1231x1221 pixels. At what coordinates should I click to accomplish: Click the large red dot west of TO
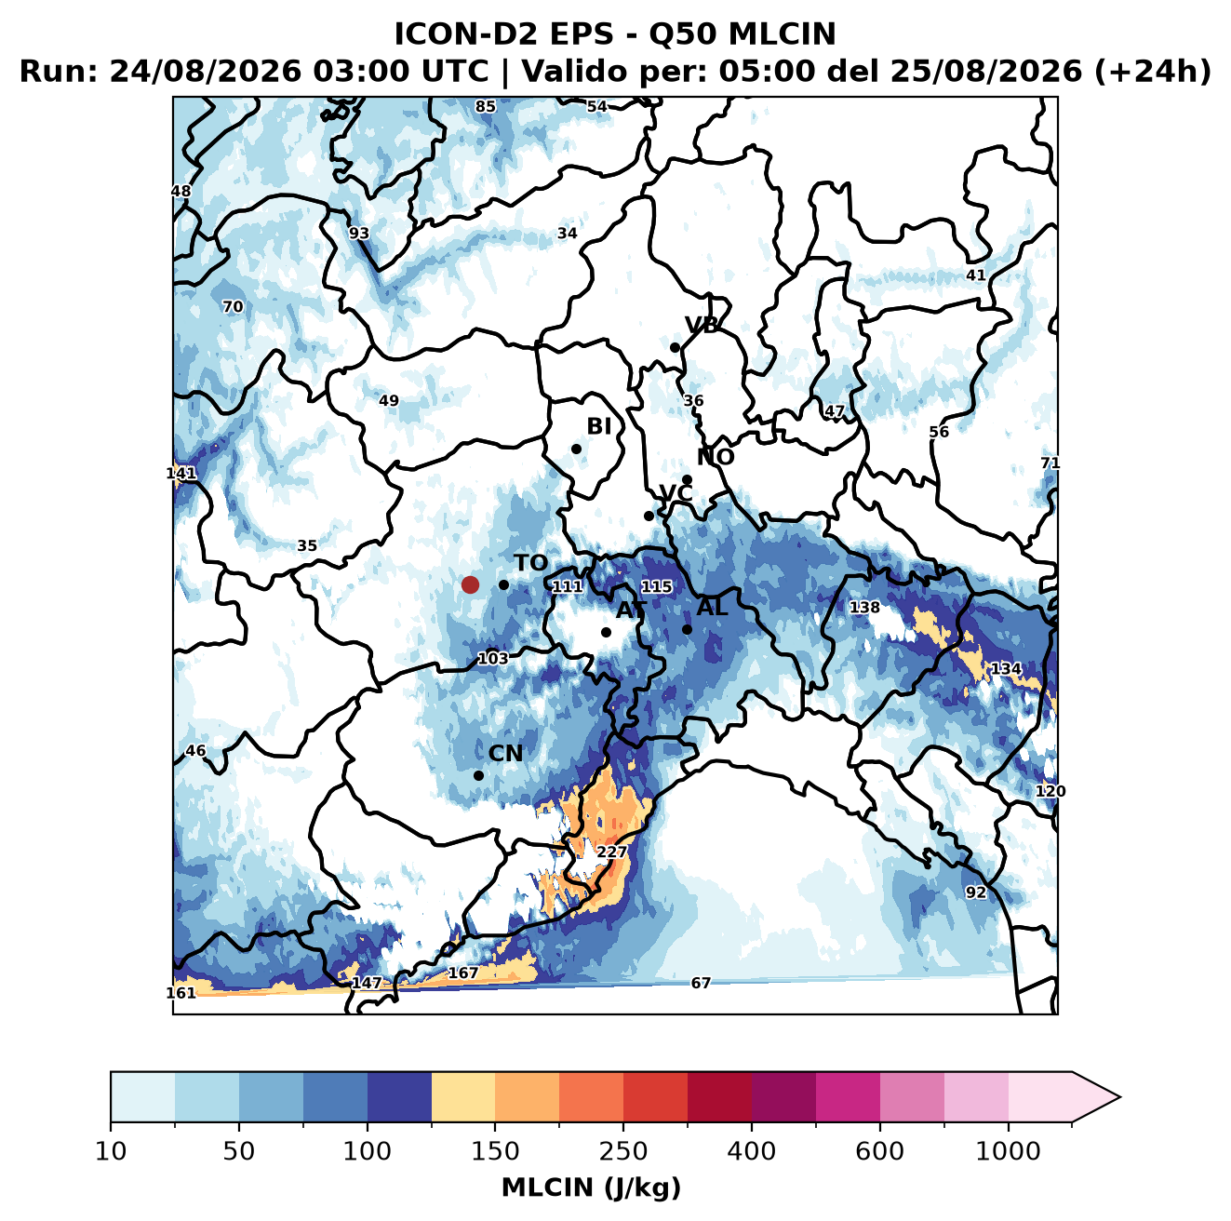coord(470,584)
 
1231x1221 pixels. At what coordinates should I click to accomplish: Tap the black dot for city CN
coord(478,775)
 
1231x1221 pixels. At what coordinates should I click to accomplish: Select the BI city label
coord(598,426)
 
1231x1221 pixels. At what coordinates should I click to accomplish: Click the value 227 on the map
coord(611,852)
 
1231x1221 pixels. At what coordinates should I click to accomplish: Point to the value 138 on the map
coord(864,607)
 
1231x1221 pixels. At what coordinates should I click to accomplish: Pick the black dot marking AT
coord(607,632)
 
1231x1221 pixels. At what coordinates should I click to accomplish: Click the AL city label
coord(712,607)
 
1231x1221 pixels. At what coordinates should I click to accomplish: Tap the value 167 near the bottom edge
coord(463,973)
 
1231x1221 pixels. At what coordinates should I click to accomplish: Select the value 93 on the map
coord(359,234)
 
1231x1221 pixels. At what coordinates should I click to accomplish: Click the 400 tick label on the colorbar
coord(751,1151)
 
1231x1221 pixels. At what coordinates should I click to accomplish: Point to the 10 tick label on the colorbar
coord(111,1151)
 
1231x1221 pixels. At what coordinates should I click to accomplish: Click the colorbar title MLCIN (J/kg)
coord(591,1187)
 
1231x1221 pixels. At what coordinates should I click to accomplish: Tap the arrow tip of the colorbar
coord(1120,1097)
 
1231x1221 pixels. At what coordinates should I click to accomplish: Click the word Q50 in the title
coord(683,34)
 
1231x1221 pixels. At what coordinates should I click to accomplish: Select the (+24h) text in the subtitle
coord(1153,72)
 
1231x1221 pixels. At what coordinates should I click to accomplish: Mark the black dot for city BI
coord(576,449)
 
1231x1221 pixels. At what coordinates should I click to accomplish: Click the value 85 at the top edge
coord(486,107)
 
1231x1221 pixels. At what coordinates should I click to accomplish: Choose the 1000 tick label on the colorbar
coord(1008,1151)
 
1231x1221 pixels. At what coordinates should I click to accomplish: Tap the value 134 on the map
coord(1006,668)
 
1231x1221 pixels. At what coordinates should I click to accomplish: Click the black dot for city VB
coord(675,347)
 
